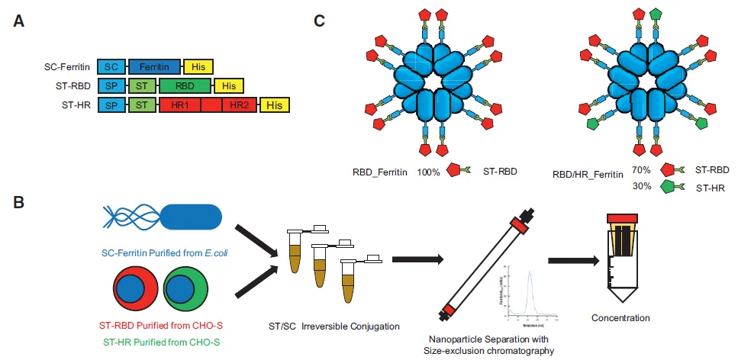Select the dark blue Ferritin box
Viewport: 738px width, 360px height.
click(155, 67)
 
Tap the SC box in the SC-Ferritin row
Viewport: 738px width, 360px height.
click(111, 67)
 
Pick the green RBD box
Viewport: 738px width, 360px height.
click(186, 86)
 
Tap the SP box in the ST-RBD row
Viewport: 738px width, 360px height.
click(111, 86)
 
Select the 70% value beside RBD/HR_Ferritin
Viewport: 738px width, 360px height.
click(643, 173)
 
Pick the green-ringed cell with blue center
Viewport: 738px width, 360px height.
click(185, 291)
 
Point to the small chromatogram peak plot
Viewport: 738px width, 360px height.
click(531, 290)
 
